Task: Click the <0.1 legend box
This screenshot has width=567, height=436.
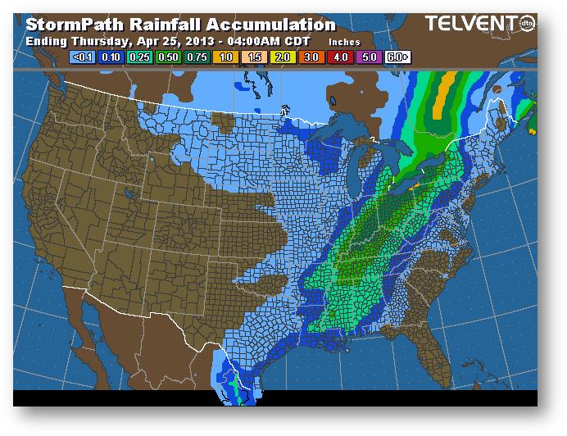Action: point(83,57)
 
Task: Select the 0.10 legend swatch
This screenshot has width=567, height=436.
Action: point(111,57)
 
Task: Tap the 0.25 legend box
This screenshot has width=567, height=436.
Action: point(138,57)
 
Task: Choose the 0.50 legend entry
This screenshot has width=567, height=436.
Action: point(166,57)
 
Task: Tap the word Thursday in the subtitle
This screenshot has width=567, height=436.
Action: point(100,41)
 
